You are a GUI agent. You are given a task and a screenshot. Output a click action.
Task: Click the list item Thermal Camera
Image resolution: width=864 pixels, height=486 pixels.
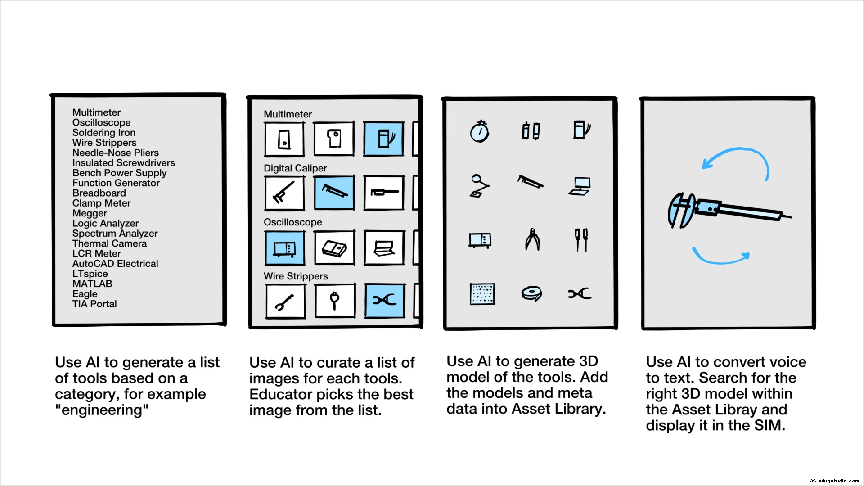[109, 243]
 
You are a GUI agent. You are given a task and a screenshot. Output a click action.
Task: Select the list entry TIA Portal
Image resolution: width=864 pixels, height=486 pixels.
[94, 304]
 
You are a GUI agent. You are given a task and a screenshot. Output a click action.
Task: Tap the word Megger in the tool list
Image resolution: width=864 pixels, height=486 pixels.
[90, 213]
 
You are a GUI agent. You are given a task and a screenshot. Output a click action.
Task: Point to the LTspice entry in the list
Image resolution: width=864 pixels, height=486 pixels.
[90, 274]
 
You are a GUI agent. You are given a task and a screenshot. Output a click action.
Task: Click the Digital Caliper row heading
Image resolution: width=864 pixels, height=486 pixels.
[295, 168]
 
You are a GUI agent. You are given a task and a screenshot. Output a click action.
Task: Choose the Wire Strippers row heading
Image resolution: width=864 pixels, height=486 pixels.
[296, 276]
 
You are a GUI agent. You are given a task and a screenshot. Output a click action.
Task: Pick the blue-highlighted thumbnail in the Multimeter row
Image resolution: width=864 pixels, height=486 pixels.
[383, 139]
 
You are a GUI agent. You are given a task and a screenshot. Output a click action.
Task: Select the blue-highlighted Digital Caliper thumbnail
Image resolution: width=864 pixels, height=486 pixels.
[334, 193]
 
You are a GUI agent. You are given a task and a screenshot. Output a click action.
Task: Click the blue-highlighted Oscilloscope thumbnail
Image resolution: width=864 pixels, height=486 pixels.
[284, 247]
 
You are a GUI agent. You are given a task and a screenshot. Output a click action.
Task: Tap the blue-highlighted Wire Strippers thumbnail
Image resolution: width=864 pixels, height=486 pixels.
[384, 300]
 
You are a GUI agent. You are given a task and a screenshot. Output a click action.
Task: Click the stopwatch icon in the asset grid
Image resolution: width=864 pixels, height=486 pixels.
[480, 131]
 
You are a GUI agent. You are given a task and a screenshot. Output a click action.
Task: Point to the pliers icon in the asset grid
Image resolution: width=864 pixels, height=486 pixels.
[532, 239]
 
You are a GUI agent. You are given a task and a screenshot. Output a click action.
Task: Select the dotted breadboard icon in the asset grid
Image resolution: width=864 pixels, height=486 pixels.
[482, 294]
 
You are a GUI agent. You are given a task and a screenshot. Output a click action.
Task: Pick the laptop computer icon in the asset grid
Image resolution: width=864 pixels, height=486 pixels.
[580, 186]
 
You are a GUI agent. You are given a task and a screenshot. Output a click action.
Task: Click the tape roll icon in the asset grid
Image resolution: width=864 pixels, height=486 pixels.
[531, 293]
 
